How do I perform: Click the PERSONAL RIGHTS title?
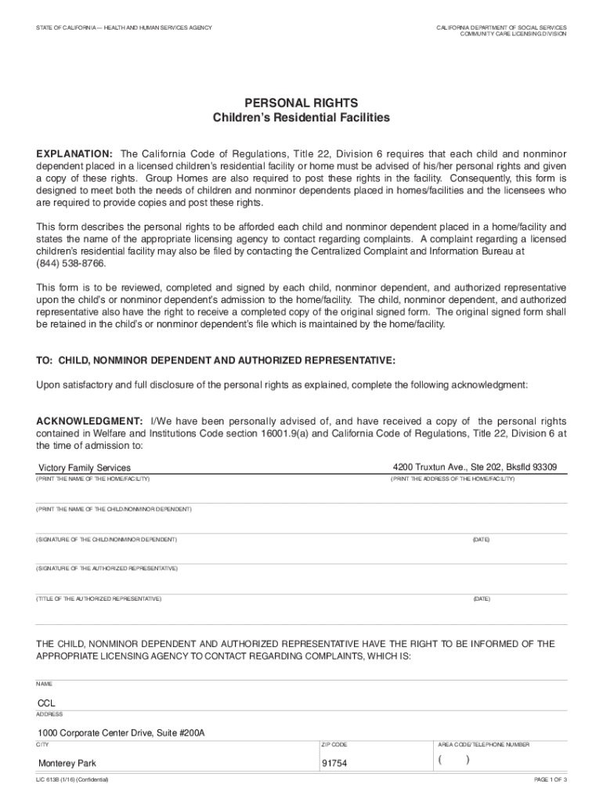point(301,103)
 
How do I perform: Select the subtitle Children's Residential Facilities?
point(301,117)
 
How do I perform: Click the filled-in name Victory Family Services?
point(85,468)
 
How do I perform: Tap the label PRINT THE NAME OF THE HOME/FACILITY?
point(92,479)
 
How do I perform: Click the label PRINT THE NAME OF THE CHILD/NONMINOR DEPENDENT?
point(114,509)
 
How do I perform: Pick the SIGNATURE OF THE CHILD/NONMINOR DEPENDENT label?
point(107,540)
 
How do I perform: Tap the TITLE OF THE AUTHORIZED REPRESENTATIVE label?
point(99,598)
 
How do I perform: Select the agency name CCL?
point(48,703)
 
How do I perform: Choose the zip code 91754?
point(335,764)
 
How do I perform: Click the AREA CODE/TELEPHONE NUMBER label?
point(484,745)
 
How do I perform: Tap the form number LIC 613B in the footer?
point(51,781)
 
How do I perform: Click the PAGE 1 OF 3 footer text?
point(550,781)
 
